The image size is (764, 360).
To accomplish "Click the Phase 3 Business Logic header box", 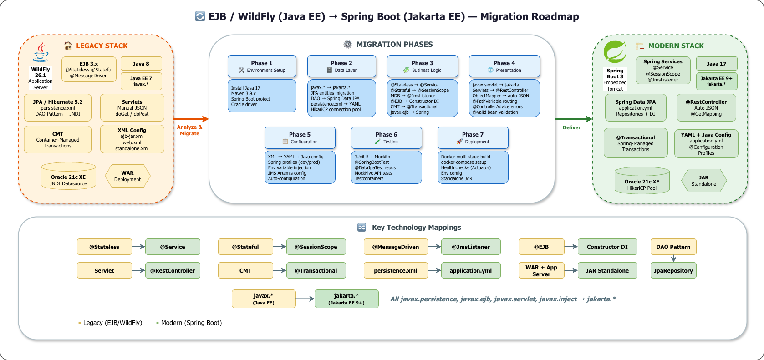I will click(422, 66).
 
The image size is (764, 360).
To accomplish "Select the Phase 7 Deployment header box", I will click(473, 137).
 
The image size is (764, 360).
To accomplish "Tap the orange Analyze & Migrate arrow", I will click(190, 119).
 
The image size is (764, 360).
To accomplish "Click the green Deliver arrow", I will click(573, 119).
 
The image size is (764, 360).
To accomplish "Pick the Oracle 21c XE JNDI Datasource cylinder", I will click(68, 176).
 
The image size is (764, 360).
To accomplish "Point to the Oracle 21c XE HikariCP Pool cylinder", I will click(642, 181).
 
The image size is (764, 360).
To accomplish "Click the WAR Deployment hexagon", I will click(127, 176).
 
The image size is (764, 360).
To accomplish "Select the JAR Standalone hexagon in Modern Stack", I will click(703, 181).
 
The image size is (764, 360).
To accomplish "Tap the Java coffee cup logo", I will click(41, 51).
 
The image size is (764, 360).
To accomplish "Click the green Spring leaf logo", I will click(615, 52).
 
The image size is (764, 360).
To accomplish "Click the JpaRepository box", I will click(673, 270).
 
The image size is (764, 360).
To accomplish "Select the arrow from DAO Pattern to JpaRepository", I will click(673, 258).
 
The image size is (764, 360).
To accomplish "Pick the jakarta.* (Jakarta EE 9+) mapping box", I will click(346, 299).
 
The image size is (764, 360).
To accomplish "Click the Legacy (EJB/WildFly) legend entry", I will click(112, 323).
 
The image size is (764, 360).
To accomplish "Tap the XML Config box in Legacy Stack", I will click(132, 139).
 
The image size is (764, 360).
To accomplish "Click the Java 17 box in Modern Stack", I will click(716, 64).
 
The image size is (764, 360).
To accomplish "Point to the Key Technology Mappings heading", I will click(416, 228).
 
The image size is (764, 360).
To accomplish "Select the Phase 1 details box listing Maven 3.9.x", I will click(262, 96).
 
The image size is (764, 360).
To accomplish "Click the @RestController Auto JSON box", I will click(706, 108).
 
